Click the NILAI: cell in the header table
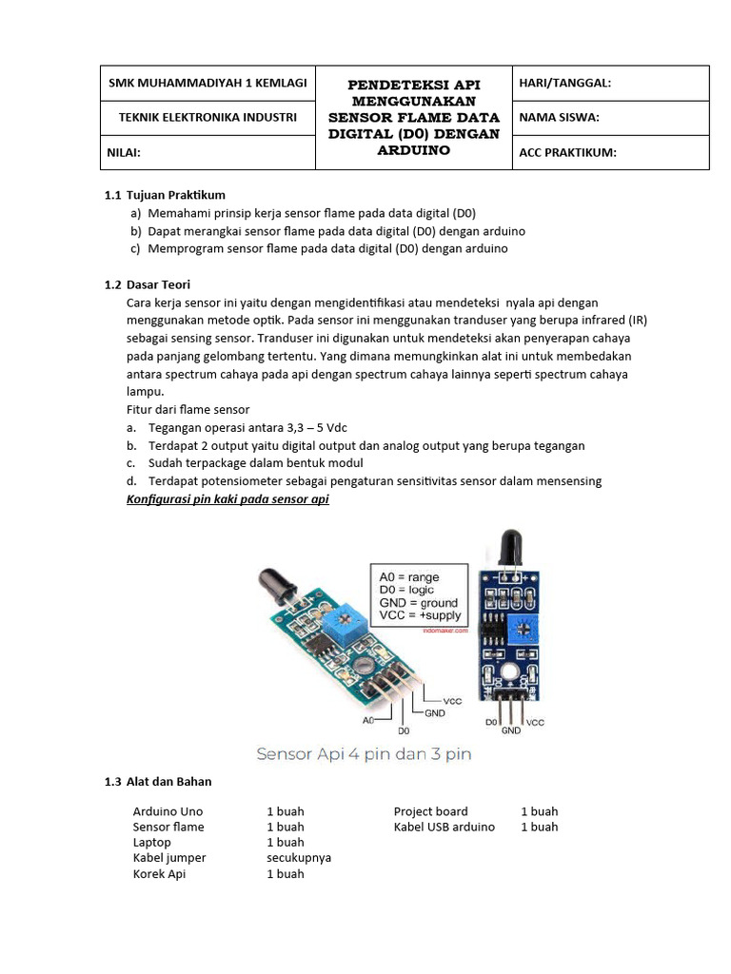point(124,152)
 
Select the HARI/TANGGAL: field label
point(564,84)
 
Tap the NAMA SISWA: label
point(558,118)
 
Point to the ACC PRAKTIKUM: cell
point(567,152)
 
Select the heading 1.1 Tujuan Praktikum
point(164,195)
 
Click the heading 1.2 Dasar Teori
point(147,284)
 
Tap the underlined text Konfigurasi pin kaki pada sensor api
point(227,499)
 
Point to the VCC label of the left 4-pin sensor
point(451,700)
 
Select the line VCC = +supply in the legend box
point(417,615)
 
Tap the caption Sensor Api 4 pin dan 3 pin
point(365,754)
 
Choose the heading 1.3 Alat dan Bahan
point(158,782)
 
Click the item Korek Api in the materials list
point(159,873)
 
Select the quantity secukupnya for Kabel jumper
point(299,857)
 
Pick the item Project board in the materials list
point(431,811)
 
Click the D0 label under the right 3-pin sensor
point(492,723)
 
